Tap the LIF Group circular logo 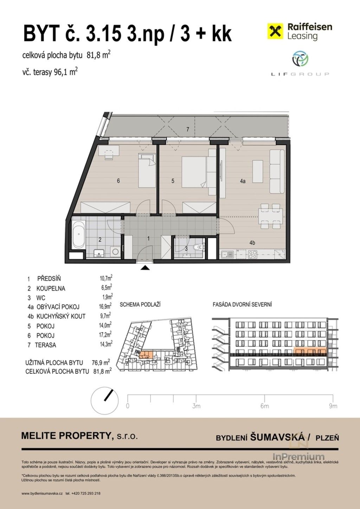tap(300, 59)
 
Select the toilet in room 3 tap(199, 247)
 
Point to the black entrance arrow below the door tap(145, 268)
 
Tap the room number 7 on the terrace tap(188, 130)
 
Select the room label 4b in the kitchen tap(252, 243)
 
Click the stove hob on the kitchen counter tap(252, 254)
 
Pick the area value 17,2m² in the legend tap(105, 335)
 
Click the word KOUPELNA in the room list tap(51, 288)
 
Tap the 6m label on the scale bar tap(264, 406)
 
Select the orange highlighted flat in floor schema tap(146, 354)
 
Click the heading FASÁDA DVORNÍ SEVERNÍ tap(242, 305)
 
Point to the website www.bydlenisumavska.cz tap(42, 494)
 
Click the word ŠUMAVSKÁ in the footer tap(277, 437)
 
